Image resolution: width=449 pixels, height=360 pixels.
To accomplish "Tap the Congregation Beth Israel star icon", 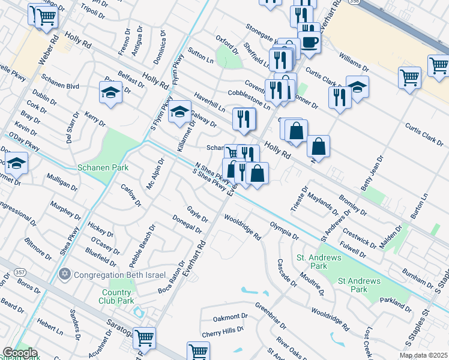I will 65,275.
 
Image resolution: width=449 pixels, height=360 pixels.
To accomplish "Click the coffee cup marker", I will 310,41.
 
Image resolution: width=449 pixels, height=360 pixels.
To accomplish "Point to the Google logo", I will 20,353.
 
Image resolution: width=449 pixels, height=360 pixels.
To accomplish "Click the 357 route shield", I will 20,273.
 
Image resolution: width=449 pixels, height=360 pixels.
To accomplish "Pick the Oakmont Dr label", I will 226,316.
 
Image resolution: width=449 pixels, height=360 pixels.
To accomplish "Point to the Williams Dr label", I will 354,62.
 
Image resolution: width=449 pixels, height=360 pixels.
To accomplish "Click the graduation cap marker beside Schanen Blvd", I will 111,92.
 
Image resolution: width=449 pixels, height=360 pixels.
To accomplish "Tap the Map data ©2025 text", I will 424,355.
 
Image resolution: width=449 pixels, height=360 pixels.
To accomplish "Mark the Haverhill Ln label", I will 209,102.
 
